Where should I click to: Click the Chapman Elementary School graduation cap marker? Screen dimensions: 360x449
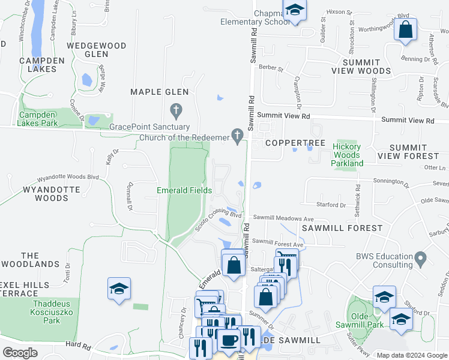pyautogui.click(x=295, y=10)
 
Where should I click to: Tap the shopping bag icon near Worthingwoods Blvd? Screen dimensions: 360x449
pyautogui.click(x=406, y=29)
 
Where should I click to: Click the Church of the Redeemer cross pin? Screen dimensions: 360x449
pyautogui.click(x=238, y=137)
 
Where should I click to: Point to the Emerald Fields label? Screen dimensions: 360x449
pyautogui.click(x=184, y=190)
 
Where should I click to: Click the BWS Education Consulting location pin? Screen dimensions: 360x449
pyautogui.click(x=421, y=259)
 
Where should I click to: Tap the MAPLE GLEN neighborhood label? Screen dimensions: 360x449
pyautogui.click(x=160, y=92)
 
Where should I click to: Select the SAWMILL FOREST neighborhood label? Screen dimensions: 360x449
pyautogui.click(x=342, y=228)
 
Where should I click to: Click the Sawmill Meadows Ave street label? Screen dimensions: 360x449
pyautogui.click(x=283, y=218)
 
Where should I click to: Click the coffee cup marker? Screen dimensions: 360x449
pyautogui.click(x=228, y=340)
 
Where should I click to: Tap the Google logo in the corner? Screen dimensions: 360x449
pyautogui.click(x=20, y=353)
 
